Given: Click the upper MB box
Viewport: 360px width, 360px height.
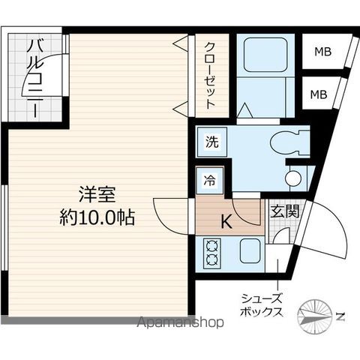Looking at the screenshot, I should [322, 52].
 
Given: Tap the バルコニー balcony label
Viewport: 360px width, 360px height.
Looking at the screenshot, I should [34, 77].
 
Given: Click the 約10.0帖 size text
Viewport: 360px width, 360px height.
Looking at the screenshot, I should [97, 218].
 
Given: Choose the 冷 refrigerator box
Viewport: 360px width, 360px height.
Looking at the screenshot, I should [210, 180].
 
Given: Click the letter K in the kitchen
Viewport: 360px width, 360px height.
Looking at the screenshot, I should [225, 221].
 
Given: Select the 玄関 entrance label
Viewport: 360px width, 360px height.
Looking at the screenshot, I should [284, 211].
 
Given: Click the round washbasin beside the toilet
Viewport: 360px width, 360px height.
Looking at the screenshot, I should [295, 178].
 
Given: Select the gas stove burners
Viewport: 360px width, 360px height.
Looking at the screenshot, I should [210, 253].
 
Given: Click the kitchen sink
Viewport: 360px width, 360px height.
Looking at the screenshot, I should [250, 250].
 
